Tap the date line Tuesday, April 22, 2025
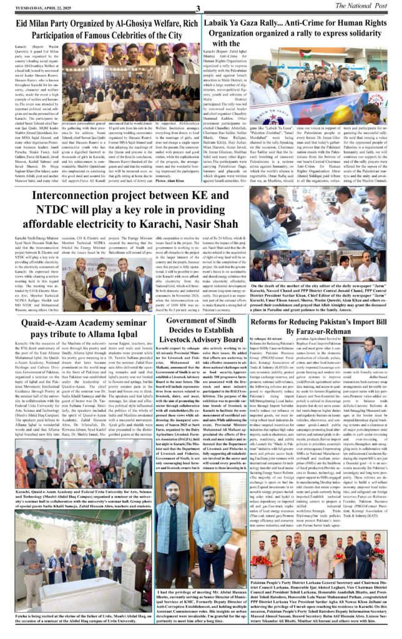click(36, 6)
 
